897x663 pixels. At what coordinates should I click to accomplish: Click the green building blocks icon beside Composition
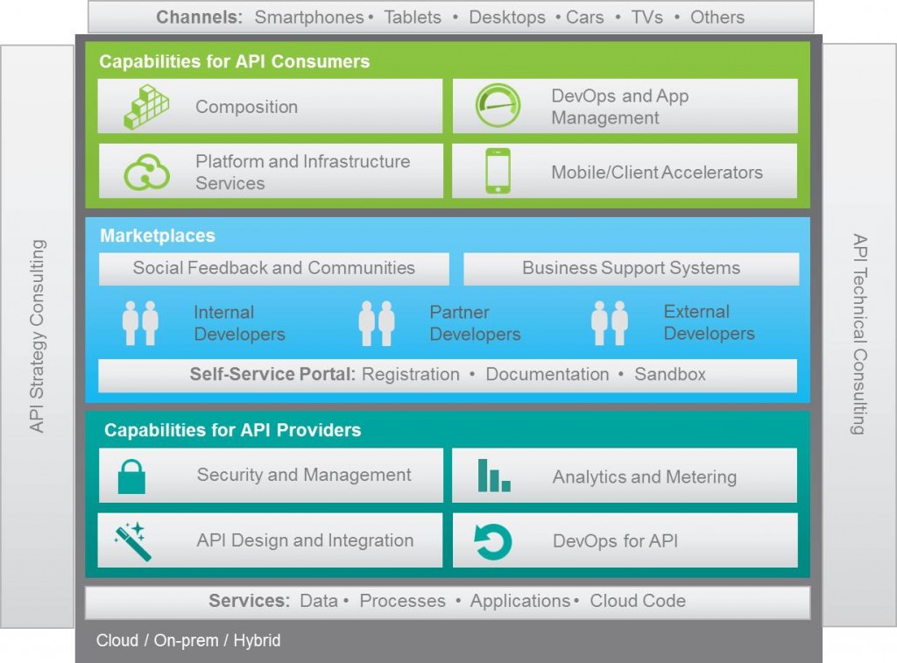pos(146,107)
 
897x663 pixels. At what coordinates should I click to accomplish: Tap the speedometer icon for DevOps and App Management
pos(498,106)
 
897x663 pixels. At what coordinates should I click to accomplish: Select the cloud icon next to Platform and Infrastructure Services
pos(146,172)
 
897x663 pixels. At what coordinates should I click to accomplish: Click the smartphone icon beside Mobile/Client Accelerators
pos(498,171)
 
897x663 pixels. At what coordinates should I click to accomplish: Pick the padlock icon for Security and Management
pos(131,476)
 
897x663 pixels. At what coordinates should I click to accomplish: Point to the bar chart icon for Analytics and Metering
pos(493,476)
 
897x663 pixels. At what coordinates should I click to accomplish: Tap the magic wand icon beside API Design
pos(133,541)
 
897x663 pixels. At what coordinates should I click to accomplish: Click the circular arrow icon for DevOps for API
pos(493,541)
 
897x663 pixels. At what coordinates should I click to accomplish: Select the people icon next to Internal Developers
pos(140,323)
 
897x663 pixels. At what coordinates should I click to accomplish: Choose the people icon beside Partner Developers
pos(377,323)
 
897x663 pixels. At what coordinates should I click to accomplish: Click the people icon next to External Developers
pos(610,323)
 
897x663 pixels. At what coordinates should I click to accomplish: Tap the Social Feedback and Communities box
pos(273,268)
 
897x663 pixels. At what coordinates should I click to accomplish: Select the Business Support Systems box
pos(631,268)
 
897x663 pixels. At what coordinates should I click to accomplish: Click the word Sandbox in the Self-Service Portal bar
pos(670,375)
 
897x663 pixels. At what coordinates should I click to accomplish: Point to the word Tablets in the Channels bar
pos(413,18)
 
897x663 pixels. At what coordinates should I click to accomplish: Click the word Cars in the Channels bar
pos(584,18)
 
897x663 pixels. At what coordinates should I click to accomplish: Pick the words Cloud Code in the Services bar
pos(638,601)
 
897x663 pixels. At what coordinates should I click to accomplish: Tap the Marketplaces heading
pos(158,236)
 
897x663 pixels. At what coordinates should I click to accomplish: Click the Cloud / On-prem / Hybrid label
pos(188,640)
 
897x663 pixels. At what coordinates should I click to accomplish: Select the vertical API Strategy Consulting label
pos(37,335)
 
